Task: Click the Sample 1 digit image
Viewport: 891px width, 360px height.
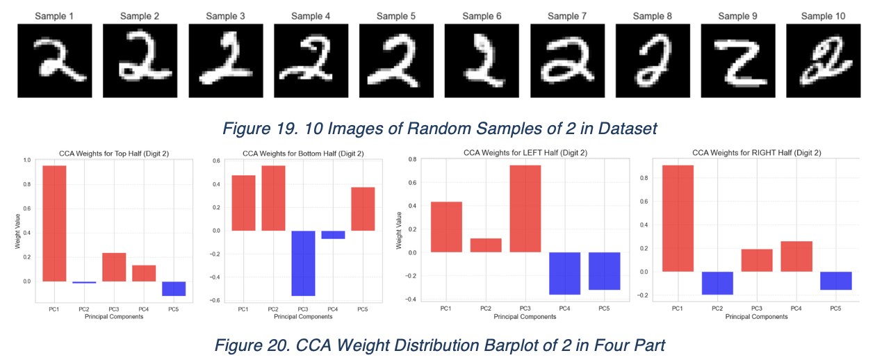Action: coord(55,60)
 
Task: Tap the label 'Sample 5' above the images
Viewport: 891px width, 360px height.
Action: coord(396,15)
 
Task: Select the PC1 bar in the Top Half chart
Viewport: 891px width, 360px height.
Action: coord(54,223)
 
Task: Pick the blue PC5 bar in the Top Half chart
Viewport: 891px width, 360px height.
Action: coord(174,288)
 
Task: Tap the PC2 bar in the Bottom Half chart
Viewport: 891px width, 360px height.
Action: coord(273,198)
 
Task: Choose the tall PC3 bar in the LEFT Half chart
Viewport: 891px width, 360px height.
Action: coord(525,208)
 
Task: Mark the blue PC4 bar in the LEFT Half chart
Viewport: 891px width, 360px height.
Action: coord(564,273)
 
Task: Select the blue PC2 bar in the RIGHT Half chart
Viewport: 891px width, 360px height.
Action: coord(717,283)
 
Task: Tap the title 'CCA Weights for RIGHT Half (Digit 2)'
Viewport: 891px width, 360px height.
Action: coord(757,152)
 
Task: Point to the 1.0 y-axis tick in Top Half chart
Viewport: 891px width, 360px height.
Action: coord(27,160)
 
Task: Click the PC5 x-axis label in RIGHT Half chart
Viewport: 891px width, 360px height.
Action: coord(836,309)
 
